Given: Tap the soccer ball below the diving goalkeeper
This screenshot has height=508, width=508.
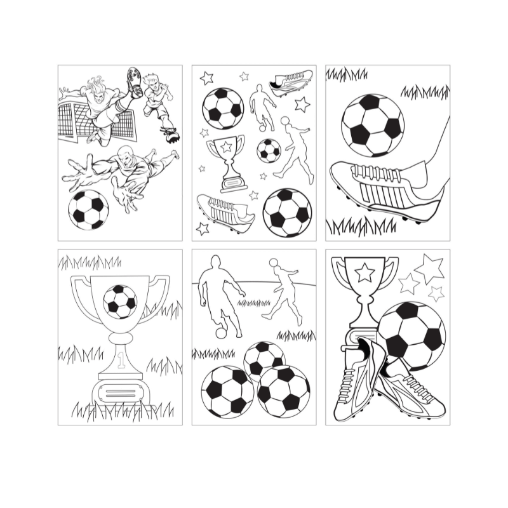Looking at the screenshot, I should pyautogui.click(x=88, y=209).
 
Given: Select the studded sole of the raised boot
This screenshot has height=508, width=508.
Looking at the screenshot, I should pyautogui.click(x=133, y=83).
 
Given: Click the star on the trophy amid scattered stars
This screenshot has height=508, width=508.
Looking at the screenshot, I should pyautogui.click(x=225, y=147).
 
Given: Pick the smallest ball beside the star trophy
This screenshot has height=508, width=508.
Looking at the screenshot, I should pyautogui.click(x=269, y=150).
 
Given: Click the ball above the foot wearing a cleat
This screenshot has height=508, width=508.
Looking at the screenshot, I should pyautogui.click(x=372, y=125).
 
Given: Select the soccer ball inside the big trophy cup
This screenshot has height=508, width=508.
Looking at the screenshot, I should pyautogui.click(x=120, y=301).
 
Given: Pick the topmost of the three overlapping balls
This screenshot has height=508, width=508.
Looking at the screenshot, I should pyautogui.click(x=264, y=359).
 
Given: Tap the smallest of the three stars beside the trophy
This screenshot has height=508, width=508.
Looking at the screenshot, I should pyautogui.click(x=436, y=293).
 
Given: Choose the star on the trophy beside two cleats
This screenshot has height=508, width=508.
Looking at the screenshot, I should pyautogui.click(x=364, y=273).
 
